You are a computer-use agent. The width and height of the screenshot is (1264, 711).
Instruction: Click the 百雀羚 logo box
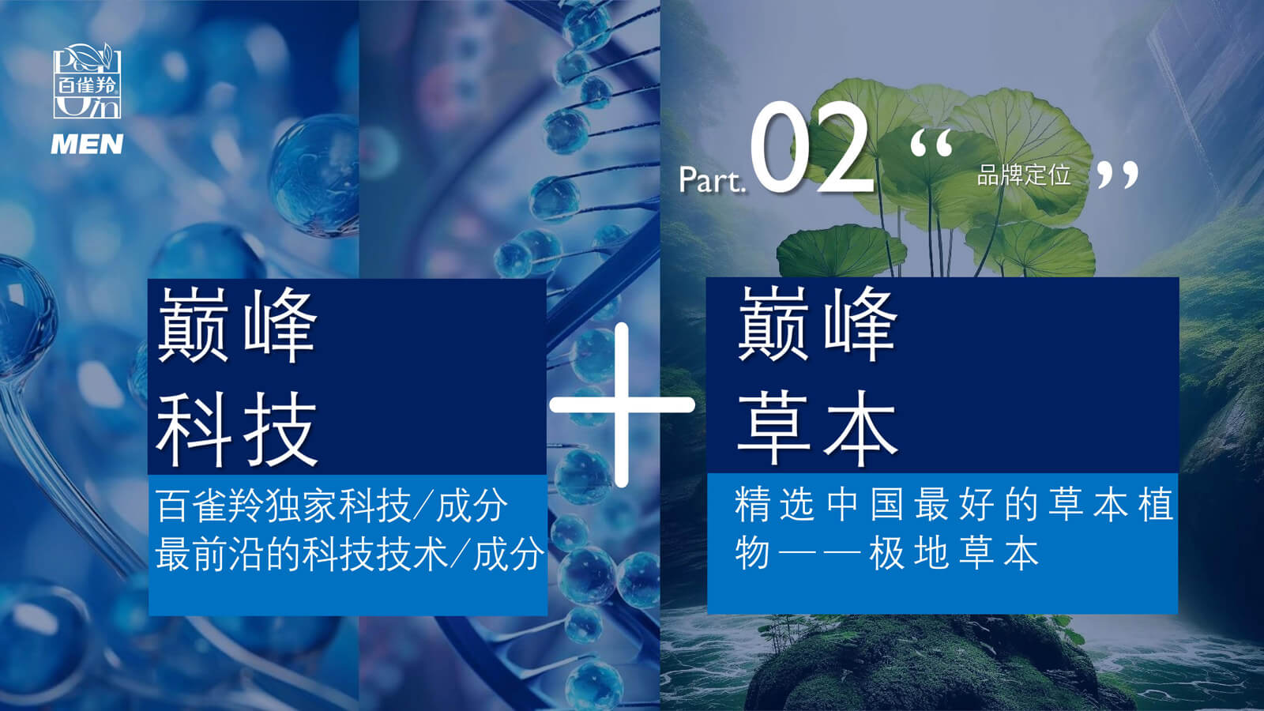[88, 81]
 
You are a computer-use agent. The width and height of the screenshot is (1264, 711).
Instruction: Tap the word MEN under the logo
[87, 144]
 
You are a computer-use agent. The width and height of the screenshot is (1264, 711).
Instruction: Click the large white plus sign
[621, 404]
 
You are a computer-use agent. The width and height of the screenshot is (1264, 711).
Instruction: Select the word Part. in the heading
[712, 180]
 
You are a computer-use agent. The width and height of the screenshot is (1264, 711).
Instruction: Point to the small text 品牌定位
[1024, 175]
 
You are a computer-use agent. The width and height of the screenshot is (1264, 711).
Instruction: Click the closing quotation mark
[1118, 175]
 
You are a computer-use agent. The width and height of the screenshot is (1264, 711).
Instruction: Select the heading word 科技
[236, 429]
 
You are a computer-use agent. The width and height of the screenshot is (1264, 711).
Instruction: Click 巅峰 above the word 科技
[236, 325]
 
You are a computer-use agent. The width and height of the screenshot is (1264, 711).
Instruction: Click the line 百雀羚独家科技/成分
[332, 506]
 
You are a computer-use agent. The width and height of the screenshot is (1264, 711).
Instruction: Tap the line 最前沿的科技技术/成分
[350, 554]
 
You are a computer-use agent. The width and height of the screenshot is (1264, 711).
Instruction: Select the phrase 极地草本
[954, 552]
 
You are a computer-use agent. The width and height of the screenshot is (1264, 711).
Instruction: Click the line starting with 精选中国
[954, 504]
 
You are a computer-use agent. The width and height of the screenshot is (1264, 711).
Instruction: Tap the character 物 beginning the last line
[752, 552]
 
